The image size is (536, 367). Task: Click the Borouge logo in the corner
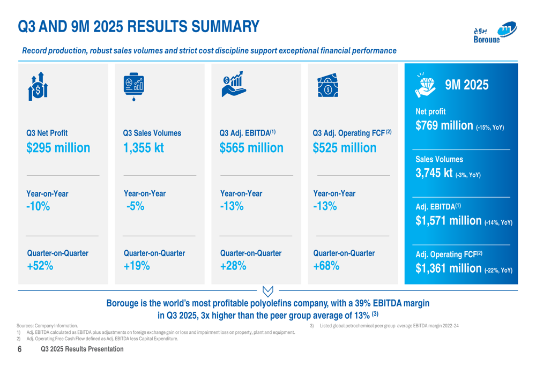click(x=495, y=34)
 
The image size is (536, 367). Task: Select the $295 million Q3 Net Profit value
click(x=58, y=148)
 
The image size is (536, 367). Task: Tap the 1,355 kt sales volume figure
click(x=143, y=148)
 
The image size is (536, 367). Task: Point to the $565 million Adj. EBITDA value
click(x=251, y=148)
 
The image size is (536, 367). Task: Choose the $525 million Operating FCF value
click(x=345, y=148)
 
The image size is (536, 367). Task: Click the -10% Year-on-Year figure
click(x=38, y=206)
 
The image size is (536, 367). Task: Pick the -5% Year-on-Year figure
click(x=136, y=206)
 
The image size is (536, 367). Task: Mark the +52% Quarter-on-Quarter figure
click(x=40, y=265)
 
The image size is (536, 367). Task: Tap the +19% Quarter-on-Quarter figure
click(x=137, y=265)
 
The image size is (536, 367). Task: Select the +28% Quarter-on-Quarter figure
click(x=233, y=265)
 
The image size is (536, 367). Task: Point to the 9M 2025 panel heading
click(x=466, y=85)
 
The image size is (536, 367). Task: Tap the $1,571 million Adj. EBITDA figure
click(x=449, y=221)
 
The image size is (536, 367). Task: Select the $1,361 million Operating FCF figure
click(x=449, y=267)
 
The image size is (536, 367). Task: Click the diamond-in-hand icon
click(x=426, y=85)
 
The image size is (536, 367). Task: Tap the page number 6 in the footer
click(x=19, y=349)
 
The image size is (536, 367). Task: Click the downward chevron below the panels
click(x=269, y=291)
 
